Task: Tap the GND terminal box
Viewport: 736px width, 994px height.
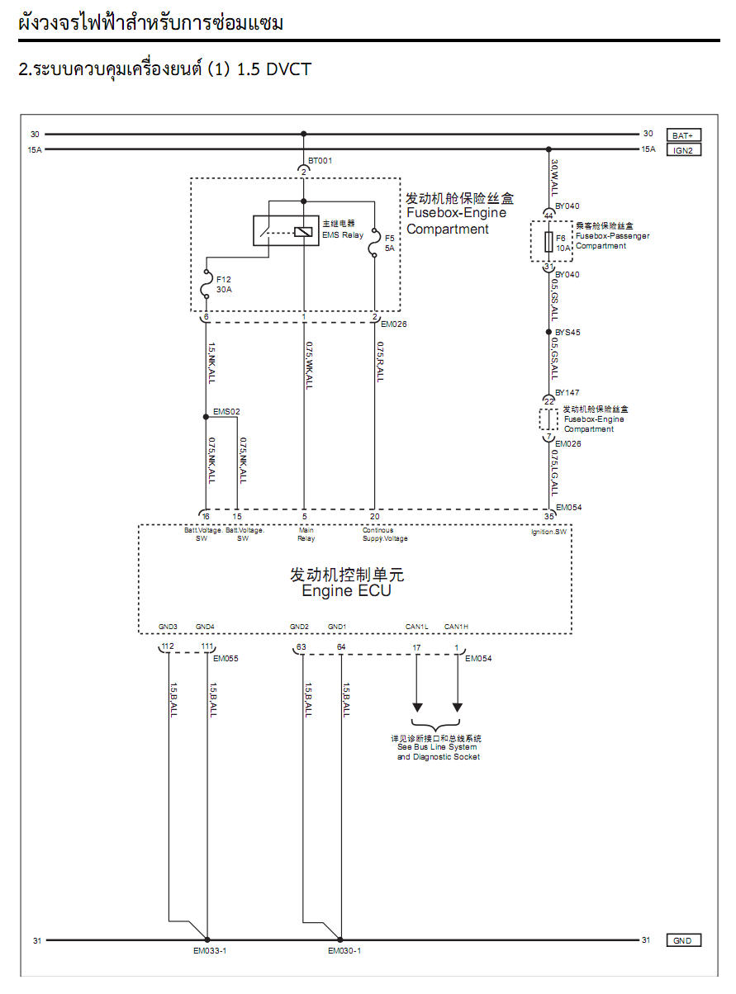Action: coord(683,940)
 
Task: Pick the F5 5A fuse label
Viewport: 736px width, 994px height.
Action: coord(389,243)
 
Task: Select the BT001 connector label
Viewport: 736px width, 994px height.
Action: coord(320,161)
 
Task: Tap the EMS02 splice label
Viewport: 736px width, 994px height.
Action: coord(226,410)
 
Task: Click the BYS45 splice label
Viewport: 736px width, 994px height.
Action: coord(567,334)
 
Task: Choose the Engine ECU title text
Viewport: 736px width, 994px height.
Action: coord(346,583)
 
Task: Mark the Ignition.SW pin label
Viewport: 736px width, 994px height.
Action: coord(548,532)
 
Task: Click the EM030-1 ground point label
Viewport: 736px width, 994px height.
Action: coord(344,950)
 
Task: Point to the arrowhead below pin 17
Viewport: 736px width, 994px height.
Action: coord(417,707)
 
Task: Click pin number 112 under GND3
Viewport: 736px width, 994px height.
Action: coord(168,646)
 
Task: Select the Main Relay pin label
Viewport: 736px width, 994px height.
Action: coord(306,535)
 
